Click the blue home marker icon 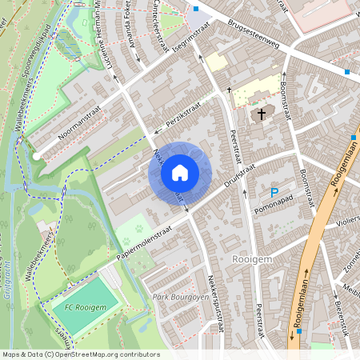180,172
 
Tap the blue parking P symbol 274,193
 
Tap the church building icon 260,115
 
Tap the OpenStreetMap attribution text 80,354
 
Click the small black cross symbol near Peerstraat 229,90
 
